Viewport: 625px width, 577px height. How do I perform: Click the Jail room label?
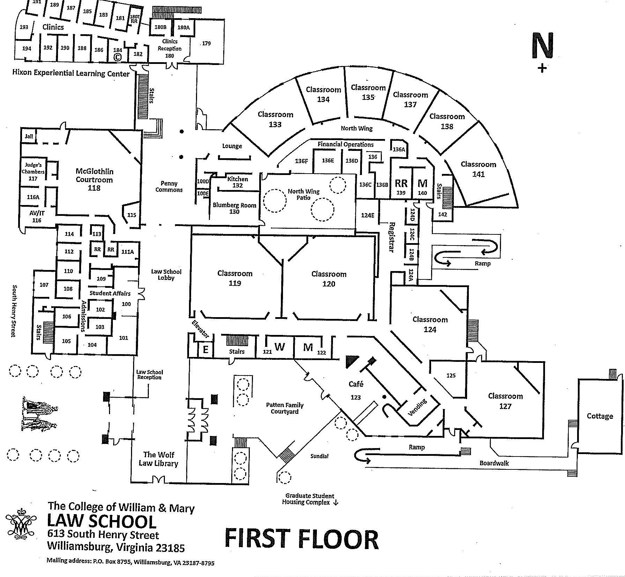tap(29, 136)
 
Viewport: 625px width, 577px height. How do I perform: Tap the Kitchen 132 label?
tap(238, 182)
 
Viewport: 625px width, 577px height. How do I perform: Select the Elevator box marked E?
tap(206, 349)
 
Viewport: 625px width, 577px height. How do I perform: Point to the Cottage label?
tap(599, 416)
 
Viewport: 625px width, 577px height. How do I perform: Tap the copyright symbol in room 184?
tap(118, 57)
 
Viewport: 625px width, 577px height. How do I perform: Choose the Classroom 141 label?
tap(478, 169)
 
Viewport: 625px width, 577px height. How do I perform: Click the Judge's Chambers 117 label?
tap(33, 171)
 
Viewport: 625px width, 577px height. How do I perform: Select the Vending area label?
tap(417, 408)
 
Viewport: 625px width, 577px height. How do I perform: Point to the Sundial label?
tap(319, 456)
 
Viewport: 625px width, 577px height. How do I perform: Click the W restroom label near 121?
tap(279, 347)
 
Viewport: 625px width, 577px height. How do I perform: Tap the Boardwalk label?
tap(494, 463)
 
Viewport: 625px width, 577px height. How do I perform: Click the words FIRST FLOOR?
tap(301, 539)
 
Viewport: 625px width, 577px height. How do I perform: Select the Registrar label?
tap(391, 237)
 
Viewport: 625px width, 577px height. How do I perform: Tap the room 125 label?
tap(451, 375)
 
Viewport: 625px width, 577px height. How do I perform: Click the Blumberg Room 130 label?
tap(234, 208)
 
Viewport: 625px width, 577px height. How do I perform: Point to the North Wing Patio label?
tap(303, 194)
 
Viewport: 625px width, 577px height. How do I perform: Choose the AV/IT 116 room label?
tap(37, 217)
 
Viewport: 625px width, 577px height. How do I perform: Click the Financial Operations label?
tap(346, 144)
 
